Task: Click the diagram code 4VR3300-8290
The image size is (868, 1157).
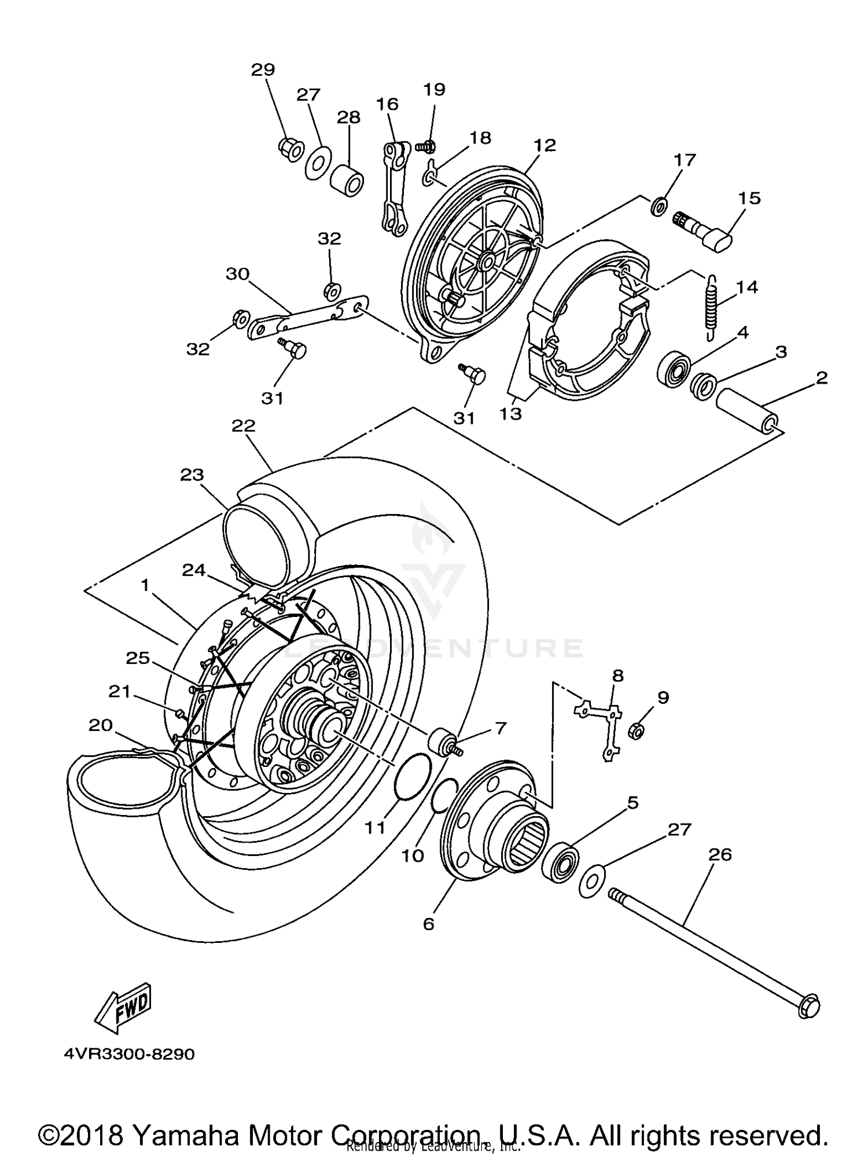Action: pos(130,1054)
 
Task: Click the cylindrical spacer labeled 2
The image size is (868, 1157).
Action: pos(747,413)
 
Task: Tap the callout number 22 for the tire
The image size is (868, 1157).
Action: pos(243,426)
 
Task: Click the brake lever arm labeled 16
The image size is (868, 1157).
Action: pos(394,191)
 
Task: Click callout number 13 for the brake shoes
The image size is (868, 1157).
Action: pos(512,414)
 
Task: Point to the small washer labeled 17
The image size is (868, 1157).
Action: pos(659,205)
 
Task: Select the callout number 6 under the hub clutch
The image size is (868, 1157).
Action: pos(428,924)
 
